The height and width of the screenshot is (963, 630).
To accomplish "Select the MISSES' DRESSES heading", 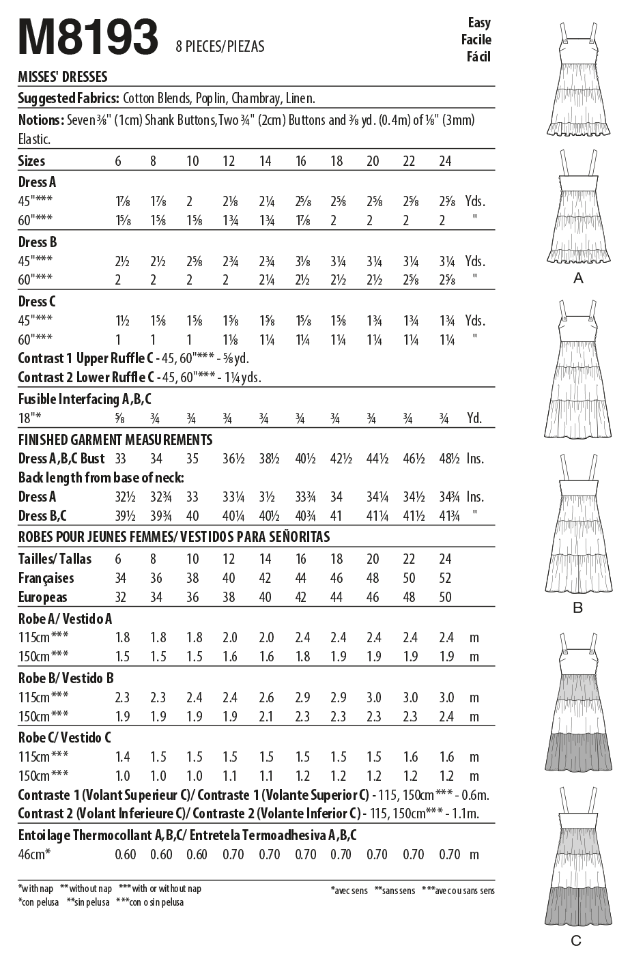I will pyautogui.click(x=62, y=77).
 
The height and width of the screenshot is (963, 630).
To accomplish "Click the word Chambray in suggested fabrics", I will pyautogui.click(x=256, y=98).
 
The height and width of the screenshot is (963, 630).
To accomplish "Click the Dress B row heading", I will pyautogui.click(x=38, y=242).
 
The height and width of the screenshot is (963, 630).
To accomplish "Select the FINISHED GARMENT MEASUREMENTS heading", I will pyautogui.click(x=115, y=440).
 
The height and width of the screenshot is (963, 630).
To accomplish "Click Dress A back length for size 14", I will pyautogui.click(x=266, y=497).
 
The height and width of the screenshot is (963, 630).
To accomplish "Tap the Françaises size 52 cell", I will pyautogui.click(x=445, y=578).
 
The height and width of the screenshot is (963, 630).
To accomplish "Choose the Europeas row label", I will pyautogui.click(x=43, y=597).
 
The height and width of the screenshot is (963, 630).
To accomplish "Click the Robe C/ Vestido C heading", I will pyautogui.click(x=66, y=737).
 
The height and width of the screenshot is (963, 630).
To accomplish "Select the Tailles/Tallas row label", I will pyautogui.click(x=55, y=559).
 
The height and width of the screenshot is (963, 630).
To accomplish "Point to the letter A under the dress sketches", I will pyautogui.click(x=578, y=278).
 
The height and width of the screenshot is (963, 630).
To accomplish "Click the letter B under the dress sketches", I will pyautogui.click(x=577, y=607).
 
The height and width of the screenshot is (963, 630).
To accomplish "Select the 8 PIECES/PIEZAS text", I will pyautogui.click(x=220, y=46).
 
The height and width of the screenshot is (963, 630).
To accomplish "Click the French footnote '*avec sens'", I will pyautogui.click(x=349, y=891).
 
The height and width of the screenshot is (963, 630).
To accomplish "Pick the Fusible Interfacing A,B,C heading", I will pyautogui.click(x=85, y=399).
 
